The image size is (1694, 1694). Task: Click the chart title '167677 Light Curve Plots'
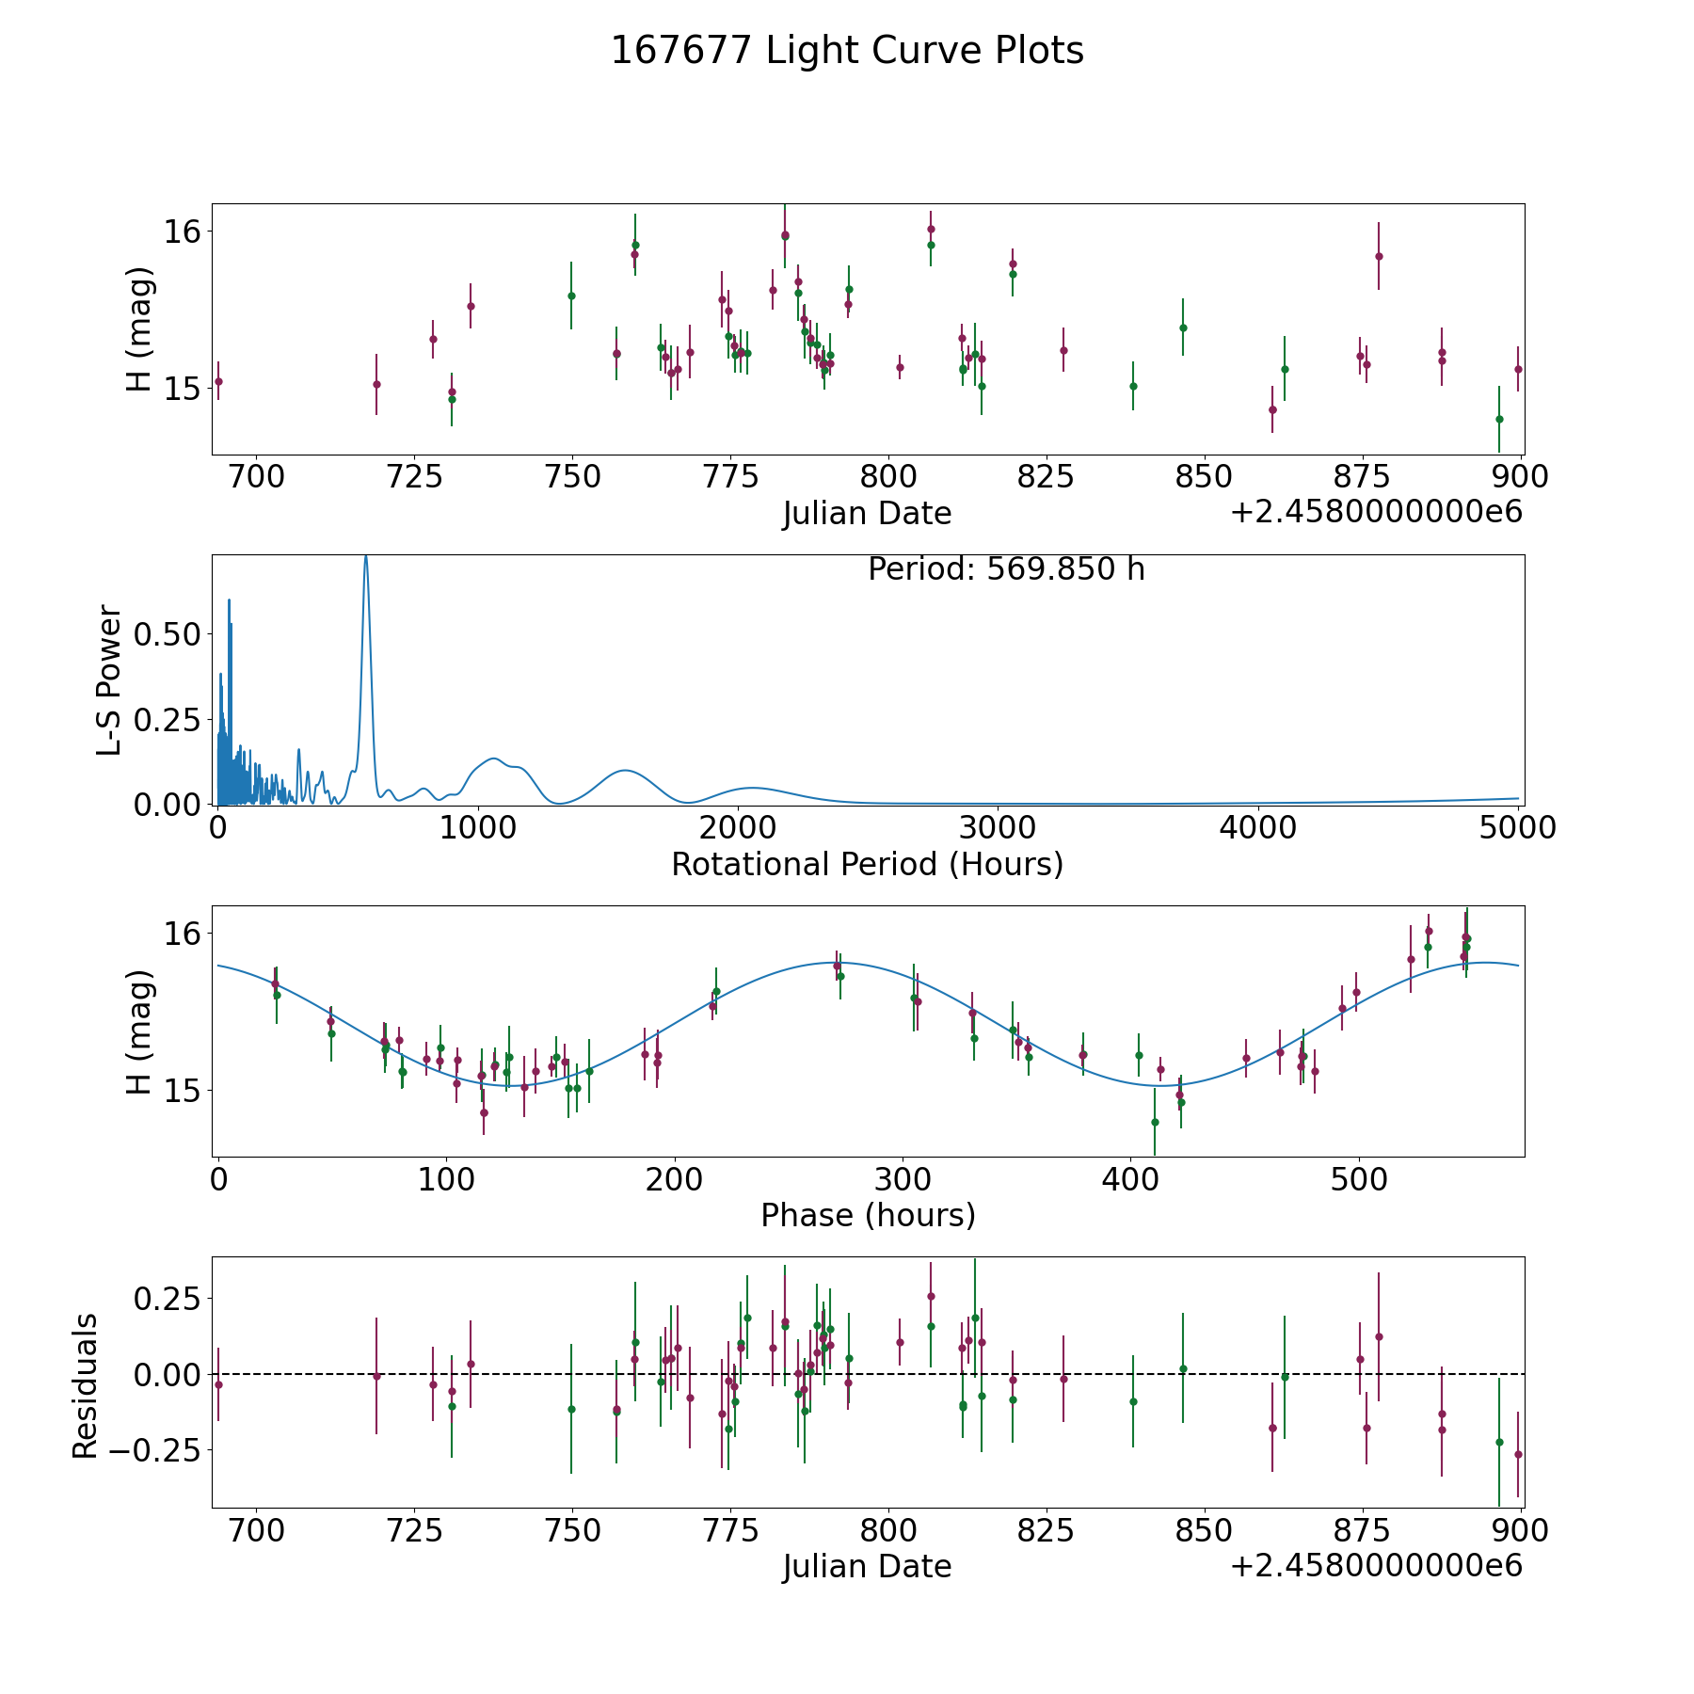[847, 51]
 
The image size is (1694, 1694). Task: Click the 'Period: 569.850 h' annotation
[1006, 569]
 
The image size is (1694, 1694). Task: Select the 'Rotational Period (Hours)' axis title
[867, 864]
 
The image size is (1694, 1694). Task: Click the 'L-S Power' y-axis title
[109, 679]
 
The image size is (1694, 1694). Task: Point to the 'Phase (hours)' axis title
[868, 1215]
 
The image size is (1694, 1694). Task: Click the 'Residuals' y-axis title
[85, 1385]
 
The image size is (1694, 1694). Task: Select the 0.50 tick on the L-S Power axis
[167, 634]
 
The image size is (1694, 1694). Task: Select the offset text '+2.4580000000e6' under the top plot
[1376, 512]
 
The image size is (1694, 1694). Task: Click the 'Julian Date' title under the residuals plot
[867, 1566]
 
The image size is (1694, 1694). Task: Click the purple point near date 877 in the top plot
[1379, 256]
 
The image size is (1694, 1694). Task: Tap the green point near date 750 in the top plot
[571, 296]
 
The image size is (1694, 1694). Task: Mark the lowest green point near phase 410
[1155, 1122]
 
